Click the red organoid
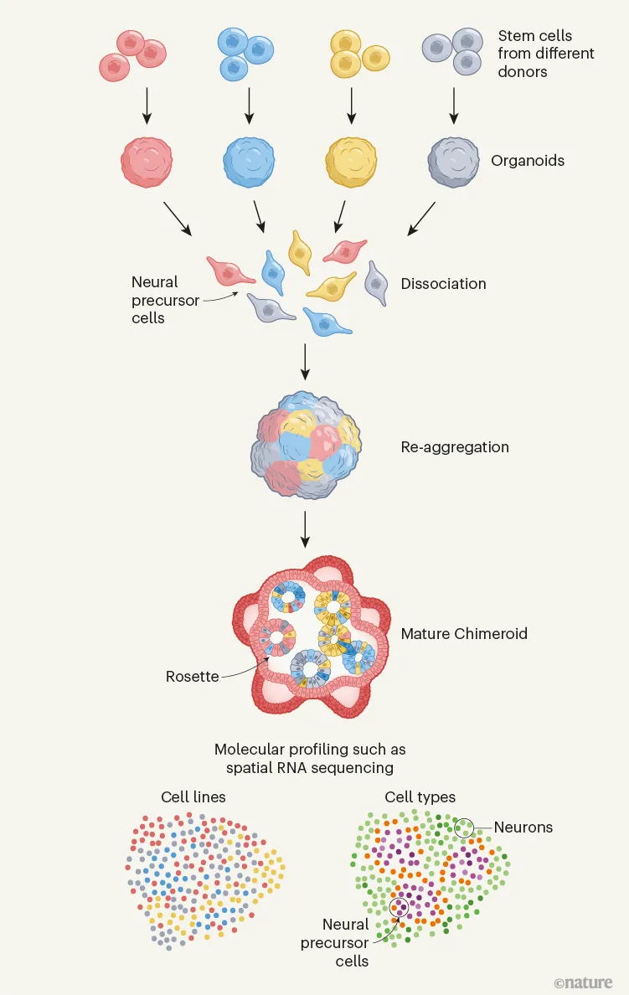(151, 160)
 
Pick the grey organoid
(454, 160)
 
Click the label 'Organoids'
(528, 160)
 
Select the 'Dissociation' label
(443, 284)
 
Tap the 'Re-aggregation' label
(455, 447)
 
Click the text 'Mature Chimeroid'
(464, 633)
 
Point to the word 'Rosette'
(192, 677)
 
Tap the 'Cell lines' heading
(193, 797)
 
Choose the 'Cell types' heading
(420, 797)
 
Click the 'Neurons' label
(523, 827)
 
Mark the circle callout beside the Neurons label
(463, 827)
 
